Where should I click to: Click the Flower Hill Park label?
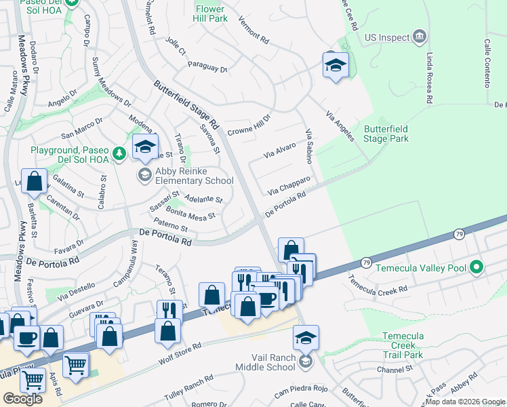coord(211,14)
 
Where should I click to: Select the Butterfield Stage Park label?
coord(386,134)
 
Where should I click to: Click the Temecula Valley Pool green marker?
coord(476,267)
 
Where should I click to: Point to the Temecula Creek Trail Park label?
coord(403,345)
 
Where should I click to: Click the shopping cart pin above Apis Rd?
coord(75,364)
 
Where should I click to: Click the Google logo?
coord(22,399)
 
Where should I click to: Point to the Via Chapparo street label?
coord(289,185)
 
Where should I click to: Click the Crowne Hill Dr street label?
coord(249,125)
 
